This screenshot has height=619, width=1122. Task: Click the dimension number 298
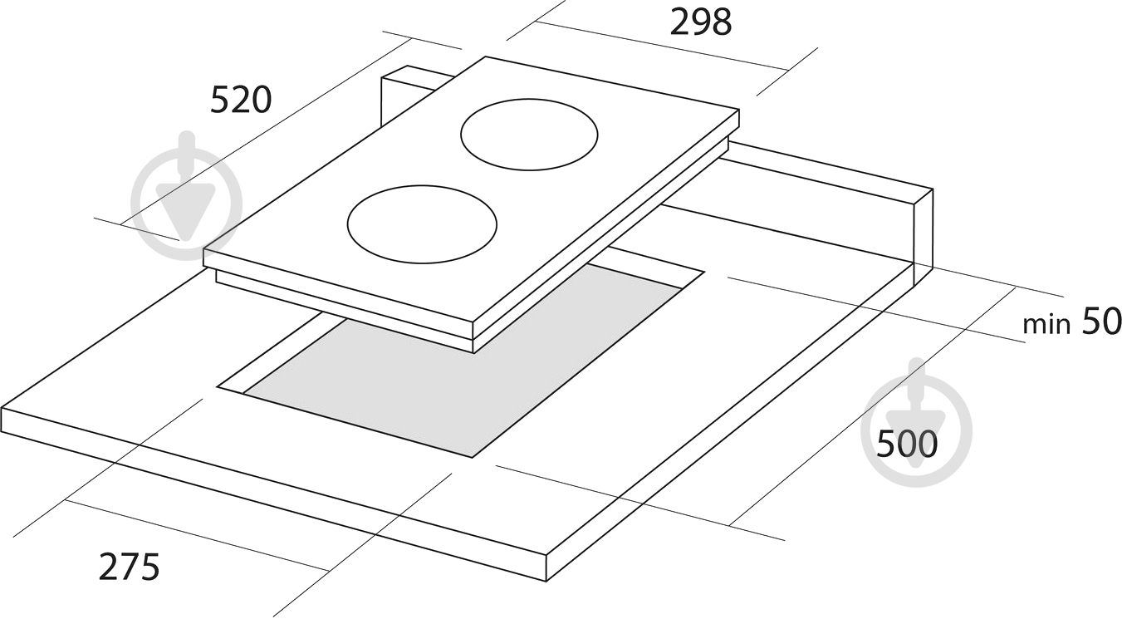(x=701, y=22)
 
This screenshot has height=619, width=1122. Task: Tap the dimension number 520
(x=241, y=100)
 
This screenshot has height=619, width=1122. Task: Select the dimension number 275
(x=130, y=567)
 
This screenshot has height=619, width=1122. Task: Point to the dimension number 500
(x=907, y=444)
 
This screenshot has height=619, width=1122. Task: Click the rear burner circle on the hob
(x=529, y=135)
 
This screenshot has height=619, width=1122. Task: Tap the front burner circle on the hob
(x=422, y=224)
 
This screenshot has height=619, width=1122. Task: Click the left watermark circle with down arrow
(x=186, y=195)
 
